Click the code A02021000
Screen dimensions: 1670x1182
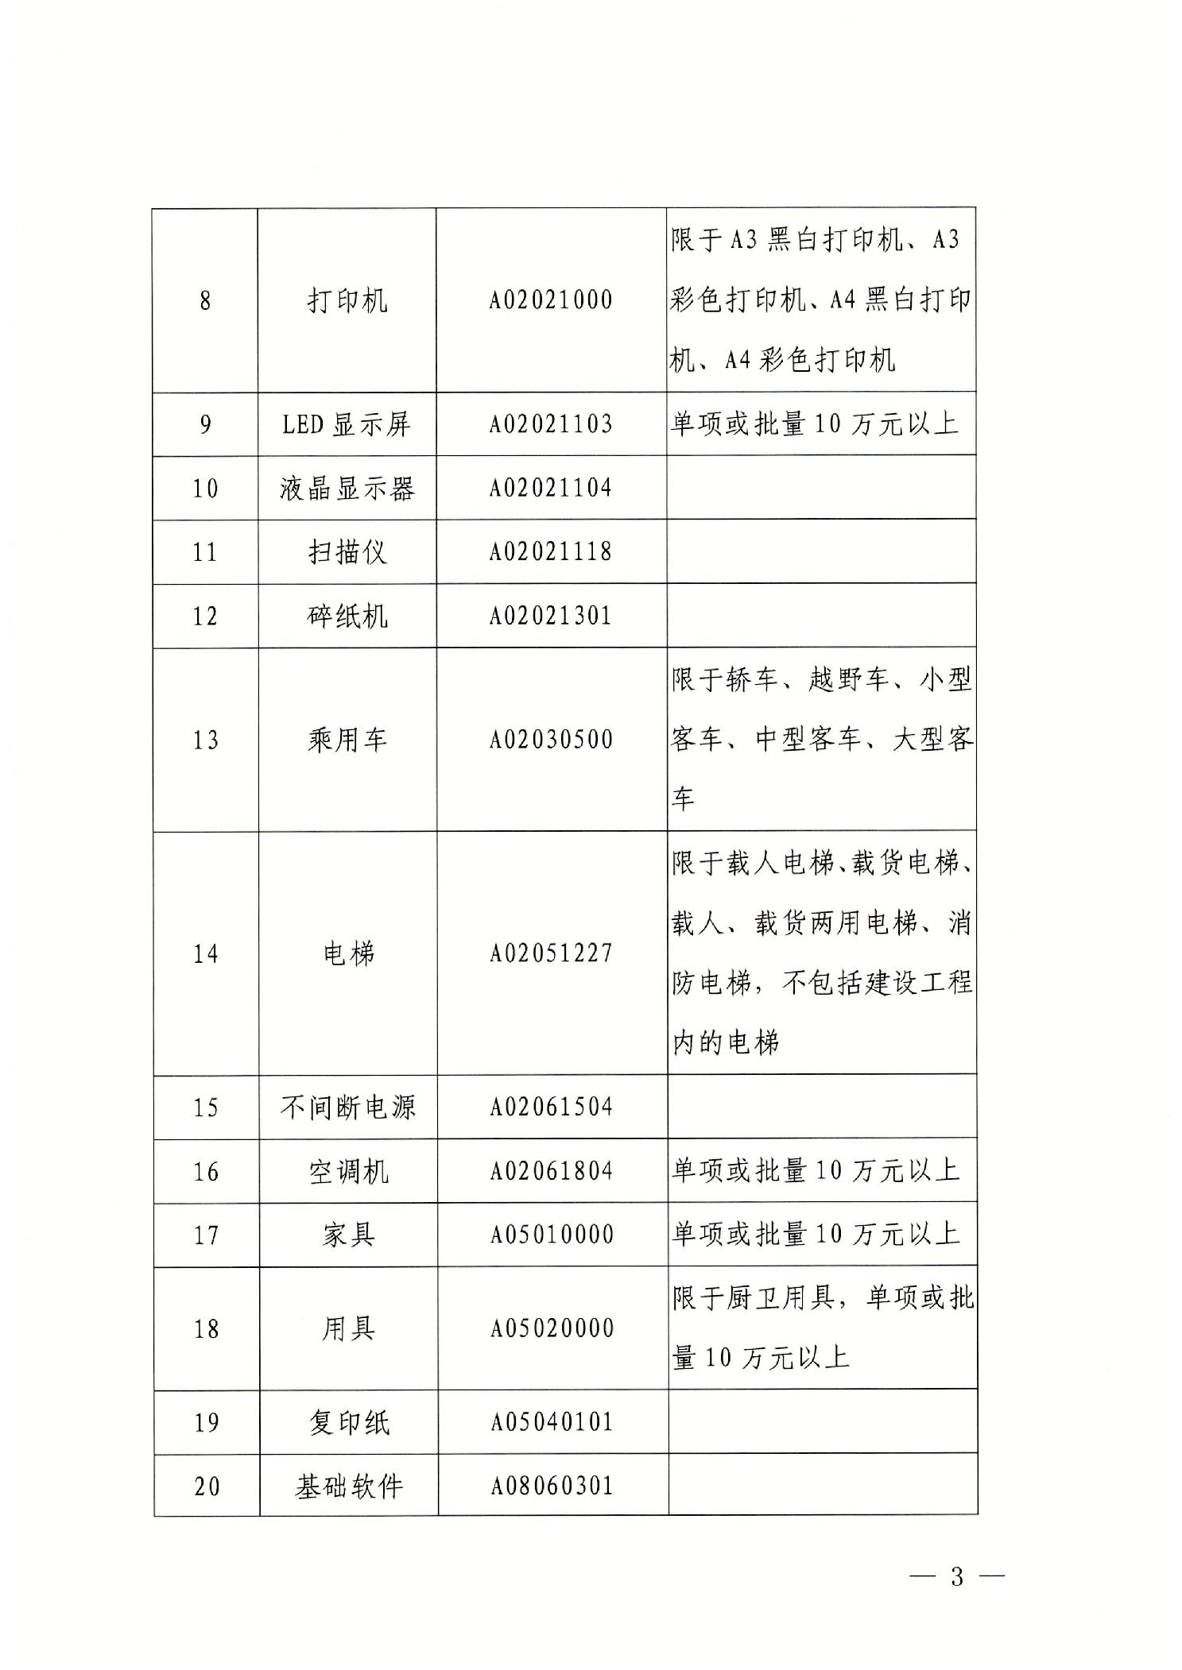[550, 300]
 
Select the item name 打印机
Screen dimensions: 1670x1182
[347, 300]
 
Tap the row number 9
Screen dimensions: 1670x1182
[205, 424]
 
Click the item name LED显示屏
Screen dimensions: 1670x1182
[347, 424]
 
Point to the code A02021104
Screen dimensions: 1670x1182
[550, 487]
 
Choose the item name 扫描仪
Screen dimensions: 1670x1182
[347, 551]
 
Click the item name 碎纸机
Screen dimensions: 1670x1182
[347, 616]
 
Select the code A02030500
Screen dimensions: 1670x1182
[551, 740]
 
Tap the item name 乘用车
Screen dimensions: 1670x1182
[347, 740]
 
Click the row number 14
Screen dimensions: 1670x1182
[205, 953]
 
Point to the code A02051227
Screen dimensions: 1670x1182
[551, 953]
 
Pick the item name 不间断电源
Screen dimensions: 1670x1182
[347, 1107]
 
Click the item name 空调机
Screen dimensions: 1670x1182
[348, 1171]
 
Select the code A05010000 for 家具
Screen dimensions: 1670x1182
[552, 1235]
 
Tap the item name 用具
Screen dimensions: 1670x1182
[348, 1328]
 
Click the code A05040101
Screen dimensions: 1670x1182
[552, 1421]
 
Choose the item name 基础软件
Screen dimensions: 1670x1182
[349, 1486]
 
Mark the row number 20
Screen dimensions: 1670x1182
[207, 1486]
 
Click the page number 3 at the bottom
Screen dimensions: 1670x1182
[956, 1576]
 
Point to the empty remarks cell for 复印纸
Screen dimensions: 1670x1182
[822, 1421]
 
